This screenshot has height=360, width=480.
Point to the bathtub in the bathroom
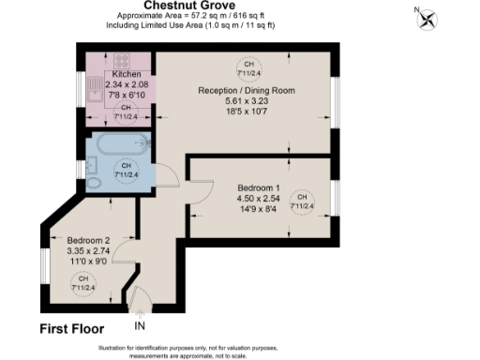(122, 144)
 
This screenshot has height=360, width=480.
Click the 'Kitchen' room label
(127, 74)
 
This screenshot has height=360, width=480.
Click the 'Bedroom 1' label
(260, 187)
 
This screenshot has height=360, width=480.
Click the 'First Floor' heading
(71, 329)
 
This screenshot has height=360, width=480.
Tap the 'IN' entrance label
(141, 326)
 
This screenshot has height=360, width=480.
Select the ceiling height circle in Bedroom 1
(302, 204)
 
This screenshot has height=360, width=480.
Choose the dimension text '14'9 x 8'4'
(260, 210)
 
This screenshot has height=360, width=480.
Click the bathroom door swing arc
(199, 193)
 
